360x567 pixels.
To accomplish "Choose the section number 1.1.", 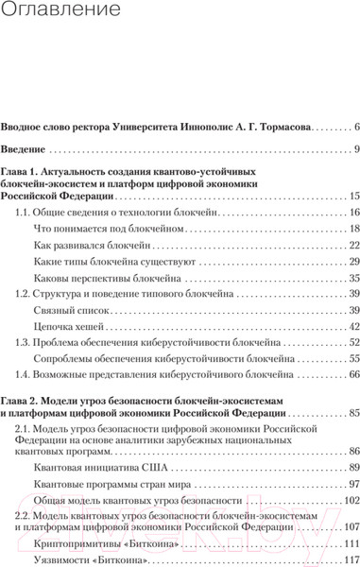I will point(25,213).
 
